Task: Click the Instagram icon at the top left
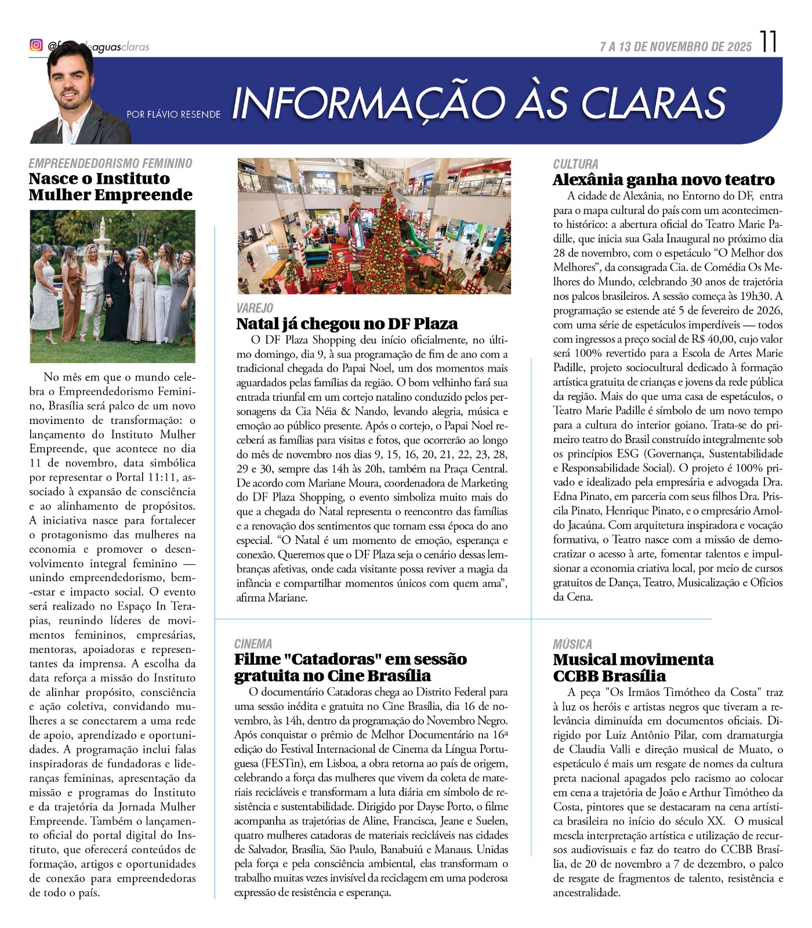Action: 36,45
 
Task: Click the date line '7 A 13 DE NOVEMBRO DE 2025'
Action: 676,47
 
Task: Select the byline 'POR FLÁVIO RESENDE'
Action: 173,114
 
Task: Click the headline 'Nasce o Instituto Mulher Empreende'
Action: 110,186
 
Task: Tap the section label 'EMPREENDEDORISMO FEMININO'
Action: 110,164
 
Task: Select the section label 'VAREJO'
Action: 255,308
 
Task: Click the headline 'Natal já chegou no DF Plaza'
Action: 347,324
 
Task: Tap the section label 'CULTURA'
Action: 575,164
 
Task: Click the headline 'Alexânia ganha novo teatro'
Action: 664,180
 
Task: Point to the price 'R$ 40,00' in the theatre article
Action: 713,339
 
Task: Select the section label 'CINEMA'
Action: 253,644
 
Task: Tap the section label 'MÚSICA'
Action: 572,644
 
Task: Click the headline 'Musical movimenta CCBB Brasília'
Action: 633,668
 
